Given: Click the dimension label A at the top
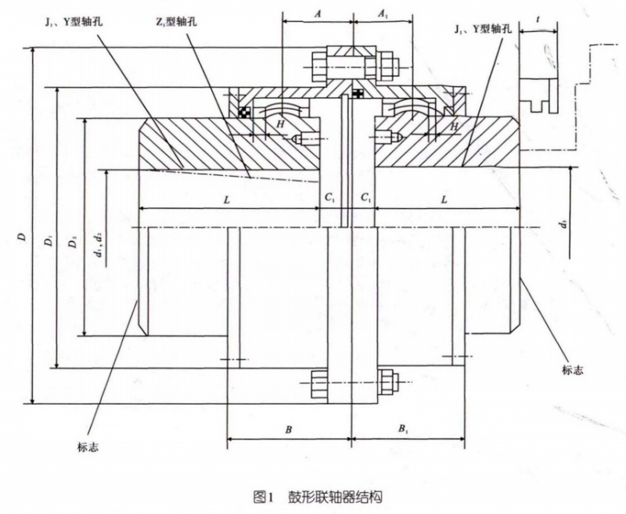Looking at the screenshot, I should (x=317, y=13).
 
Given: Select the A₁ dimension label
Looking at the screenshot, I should (x=383, y=13).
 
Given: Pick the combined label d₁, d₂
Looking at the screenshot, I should (x=96, y=239).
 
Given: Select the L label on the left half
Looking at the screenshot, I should (x=226, y=200).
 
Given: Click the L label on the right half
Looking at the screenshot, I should (x=443, y=200).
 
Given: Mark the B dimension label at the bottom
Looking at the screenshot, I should (x=289, y=430).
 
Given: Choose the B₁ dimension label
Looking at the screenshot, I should (x=402, y=430).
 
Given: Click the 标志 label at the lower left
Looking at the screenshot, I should (x=86, y=448).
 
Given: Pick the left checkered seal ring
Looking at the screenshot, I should (x=245, y=112).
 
